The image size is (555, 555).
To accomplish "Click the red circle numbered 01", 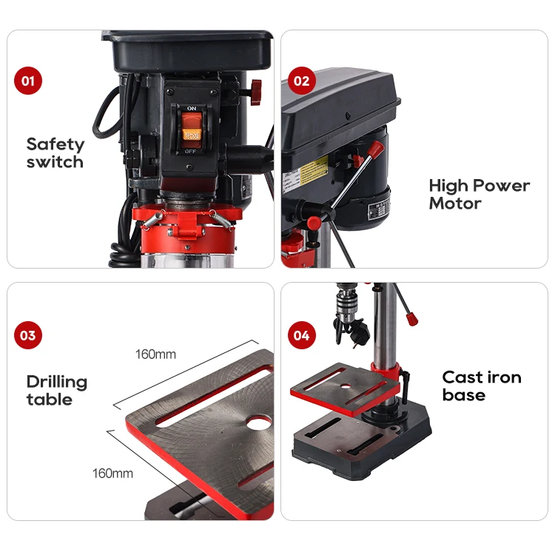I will tap(28, 81).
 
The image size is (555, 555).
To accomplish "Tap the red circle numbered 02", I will tap(301, 81).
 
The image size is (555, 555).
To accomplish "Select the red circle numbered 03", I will tap(28, 335).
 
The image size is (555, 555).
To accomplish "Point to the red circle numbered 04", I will tap(301, 335).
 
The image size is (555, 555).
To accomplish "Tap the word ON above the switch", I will tap(192, 109).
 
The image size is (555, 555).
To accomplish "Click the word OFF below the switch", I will tap(192, 151).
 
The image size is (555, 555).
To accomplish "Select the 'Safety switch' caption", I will tap(55, 153).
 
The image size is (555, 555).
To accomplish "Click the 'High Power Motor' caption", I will tap(479, 194).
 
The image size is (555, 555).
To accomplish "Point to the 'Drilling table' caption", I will tap(57, 391).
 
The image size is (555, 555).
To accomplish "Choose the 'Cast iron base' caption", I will tap(482, 386).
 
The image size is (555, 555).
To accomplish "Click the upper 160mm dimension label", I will tap(155, 354).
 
